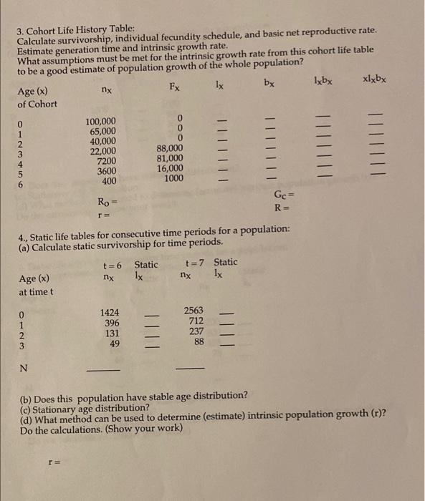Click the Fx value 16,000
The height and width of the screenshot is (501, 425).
pos(170,169)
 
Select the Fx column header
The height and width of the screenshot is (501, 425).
pos(175,88)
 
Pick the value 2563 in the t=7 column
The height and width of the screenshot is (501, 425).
pos(194,311)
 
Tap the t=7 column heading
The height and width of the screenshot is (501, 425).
pos(196,262)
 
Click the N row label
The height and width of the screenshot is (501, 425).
pos(24,369)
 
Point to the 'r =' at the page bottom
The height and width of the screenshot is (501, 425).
pos(52,463)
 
